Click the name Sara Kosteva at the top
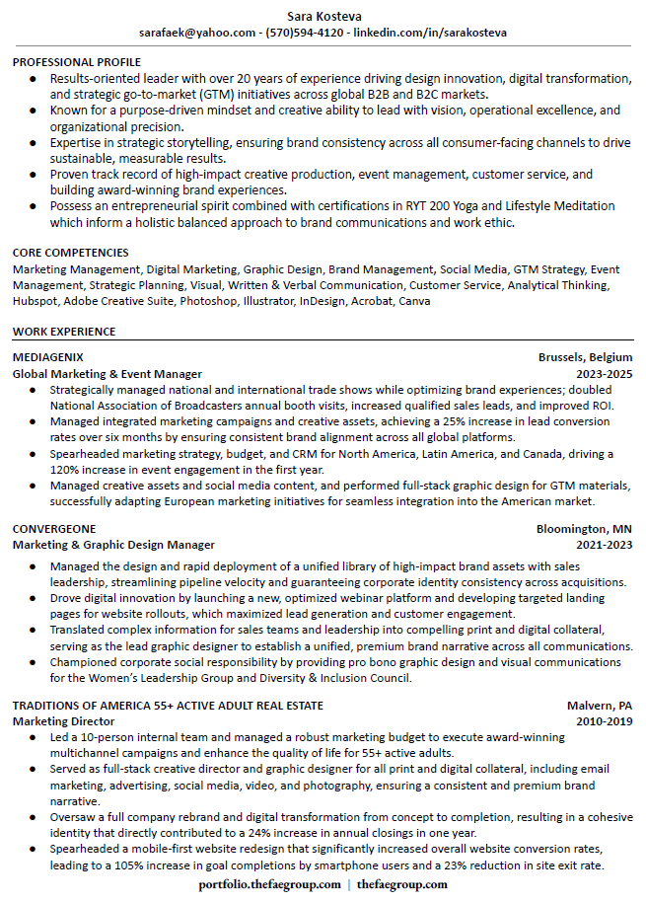(323, 16)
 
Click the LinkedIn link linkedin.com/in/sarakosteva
(430, 33)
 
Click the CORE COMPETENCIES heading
(71, 253)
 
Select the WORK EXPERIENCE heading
(64, 332)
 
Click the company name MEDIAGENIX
(48, 357)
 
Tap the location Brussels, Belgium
(585, 357)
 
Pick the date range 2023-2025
(604, 374)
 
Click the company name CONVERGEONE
(53, 529)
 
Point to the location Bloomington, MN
(584, 529)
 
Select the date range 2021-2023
(604, 545)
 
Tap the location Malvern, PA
(600, 706)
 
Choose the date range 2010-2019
(604, 721)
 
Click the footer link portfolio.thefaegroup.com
(268, 884)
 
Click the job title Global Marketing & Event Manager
(108, 374)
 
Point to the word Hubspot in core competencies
(36, 301)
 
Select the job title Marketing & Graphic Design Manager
(113, 545)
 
